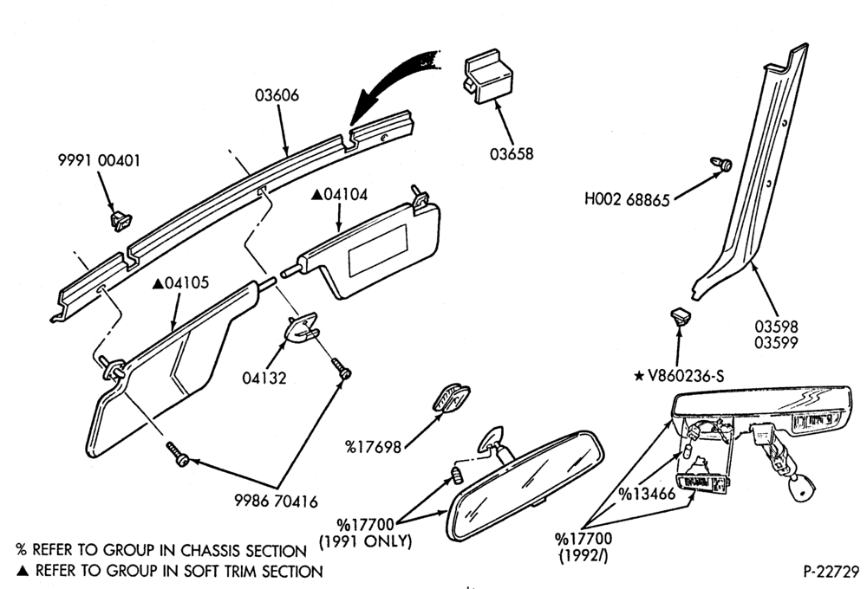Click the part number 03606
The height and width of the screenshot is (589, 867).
click(277, 95)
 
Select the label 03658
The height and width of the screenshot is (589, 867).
click(512, 153)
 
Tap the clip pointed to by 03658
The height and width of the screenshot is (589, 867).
click(487, 77)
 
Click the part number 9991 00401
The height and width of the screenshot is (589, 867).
click(100, 161)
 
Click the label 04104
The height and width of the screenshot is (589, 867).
click(340, 195)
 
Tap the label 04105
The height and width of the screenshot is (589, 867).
click(181, 283)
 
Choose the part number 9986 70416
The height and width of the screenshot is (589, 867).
click(276, 502)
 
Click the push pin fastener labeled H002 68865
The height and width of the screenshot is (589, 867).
click(722, 164)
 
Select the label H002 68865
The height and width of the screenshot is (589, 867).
click(627, 199)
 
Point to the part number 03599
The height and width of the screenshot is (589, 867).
click(776, 342)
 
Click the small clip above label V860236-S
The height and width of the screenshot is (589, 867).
click(681, 318)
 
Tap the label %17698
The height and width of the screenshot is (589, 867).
click(373, 447)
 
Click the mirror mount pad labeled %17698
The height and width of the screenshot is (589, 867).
click(451, 398)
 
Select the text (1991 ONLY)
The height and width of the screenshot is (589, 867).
click(366, 540)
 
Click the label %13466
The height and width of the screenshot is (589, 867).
click(647, 494)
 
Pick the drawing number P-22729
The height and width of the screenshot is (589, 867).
click(831, 572)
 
